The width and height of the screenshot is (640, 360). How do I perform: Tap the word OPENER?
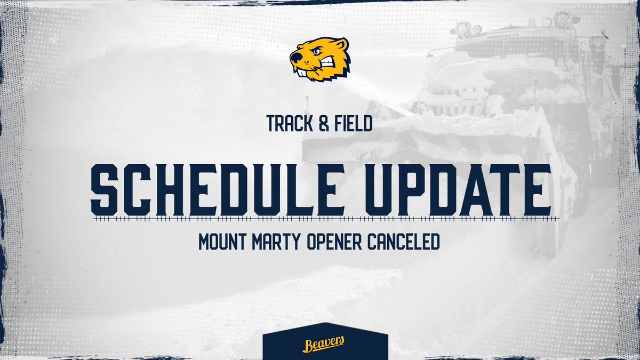coord(340,242)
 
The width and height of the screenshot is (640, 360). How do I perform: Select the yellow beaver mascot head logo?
coord(320,59)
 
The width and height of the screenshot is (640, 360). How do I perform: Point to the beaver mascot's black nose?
coord(293,55)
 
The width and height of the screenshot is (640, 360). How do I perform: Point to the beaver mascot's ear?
coord(341,46)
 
